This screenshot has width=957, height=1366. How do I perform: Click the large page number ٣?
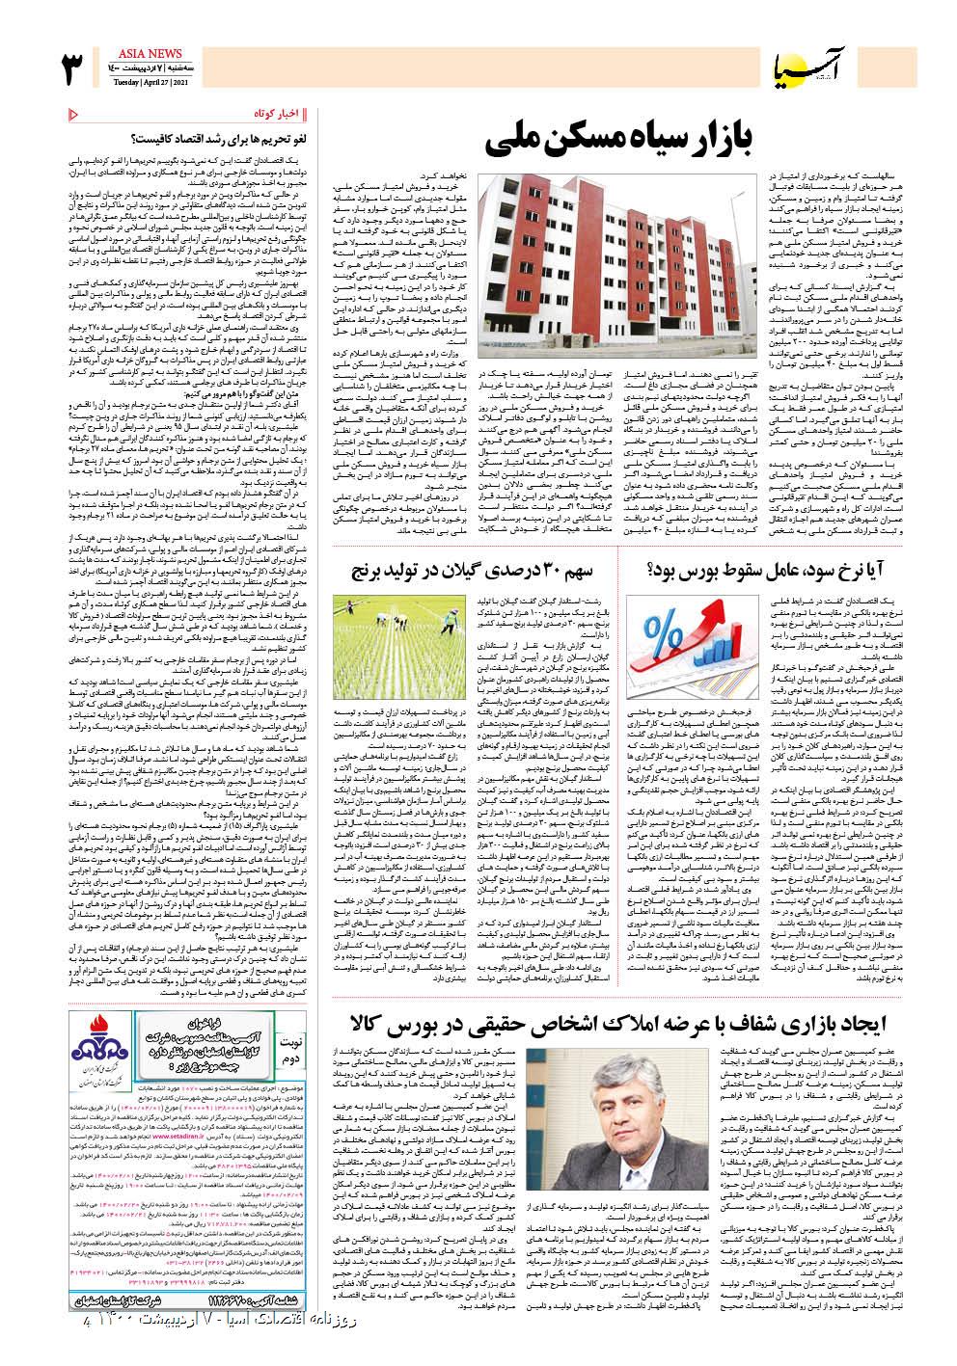coord(75,68)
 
